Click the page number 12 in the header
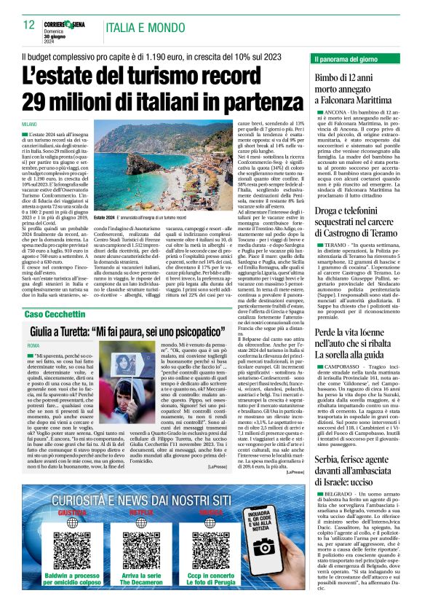click(29, 25)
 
